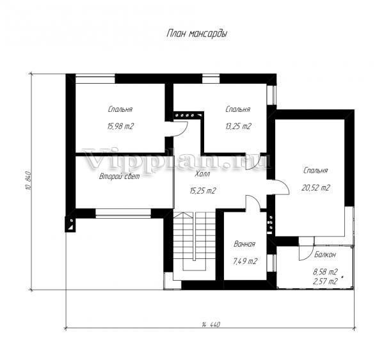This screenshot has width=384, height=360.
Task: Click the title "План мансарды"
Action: tap(196, 34)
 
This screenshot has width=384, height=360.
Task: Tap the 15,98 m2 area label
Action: tap(120, 127)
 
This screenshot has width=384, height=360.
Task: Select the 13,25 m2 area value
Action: tap(238, 127)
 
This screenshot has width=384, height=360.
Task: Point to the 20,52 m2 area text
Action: tap(316, 188)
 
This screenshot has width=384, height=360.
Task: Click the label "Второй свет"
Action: tap(119, 176)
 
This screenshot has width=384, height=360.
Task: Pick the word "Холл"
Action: tap(202, 174)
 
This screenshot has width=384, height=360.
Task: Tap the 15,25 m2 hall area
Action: tap(202, 191)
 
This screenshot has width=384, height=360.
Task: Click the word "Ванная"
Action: tap(244, 244)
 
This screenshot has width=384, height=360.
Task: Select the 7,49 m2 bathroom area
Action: tap(244, 262)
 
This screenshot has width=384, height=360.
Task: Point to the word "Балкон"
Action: tap(325, 254)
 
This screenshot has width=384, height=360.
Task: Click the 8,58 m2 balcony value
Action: tap(326, 272)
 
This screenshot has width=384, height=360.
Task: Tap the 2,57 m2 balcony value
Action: tap(326, 281)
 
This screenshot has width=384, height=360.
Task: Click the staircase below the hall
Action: tap(195, 241)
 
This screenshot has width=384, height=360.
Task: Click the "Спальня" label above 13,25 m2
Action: tap(238, 109)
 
